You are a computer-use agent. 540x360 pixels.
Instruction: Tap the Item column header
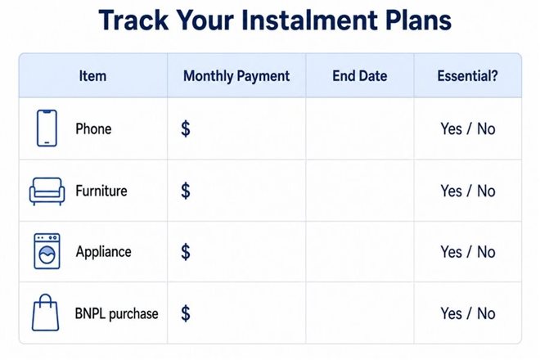click(x=92, y=76)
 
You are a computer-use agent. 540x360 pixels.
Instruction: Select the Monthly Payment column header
click(x=236, y=76)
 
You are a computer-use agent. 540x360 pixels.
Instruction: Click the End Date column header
click(x=359, y=76)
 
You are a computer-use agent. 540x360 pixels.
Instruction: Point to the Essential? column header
click(x=467, y=76)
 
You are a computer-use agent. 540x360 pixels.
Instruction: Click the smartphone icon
click(x=47, y=128)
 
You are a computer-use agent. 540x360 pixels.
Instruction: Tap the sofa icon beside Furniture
click(x=47, y=191)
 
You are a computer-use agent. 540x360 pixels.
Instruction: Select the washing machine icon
click(x=47, y=251)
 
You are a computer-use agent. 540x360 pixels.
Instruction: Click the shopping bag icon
click(x=46, y=313)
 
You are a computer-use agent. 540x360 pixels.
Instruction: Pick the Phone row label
click(x=93, y=129)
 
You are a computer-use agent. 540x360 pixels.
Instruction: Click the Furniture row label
click(x=101, y=191)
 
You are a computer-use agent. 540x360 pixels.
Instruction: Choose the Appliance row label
click(x=103, y=252)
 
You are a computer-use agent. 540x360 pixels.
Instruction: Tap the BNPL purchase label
click(x=116, y=314)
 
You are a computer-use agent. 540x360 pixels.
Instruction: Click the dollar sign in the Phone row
click(x=186, y=128)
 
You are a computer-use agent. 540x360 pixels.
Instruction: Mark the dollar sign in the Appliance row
click(x=186, y=252)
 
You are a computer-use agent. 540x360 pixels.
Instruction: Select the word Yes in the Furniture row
click(x=451, y=191)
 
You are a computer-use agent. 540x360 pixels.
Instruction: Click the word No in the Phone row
click(x=486, y=129)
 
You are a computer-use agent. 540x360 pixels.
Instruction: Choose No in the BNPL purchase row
click(x=486, y=314)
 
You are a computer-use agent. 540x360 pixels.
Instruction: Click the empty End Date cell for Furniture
click(x=359, y=191)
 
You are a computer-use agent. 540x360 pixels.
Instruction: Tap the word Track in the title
click(x=133, y=20)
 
